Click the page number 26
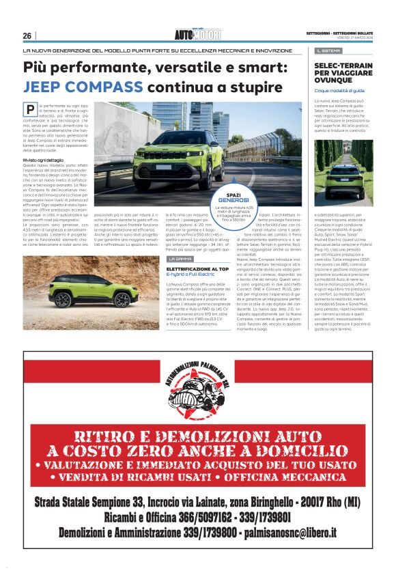point(27,36)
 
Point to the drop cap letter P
point(30,109)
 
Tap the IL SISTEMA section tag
point(329,51)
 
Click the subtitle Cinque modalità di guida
point(339,90)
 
